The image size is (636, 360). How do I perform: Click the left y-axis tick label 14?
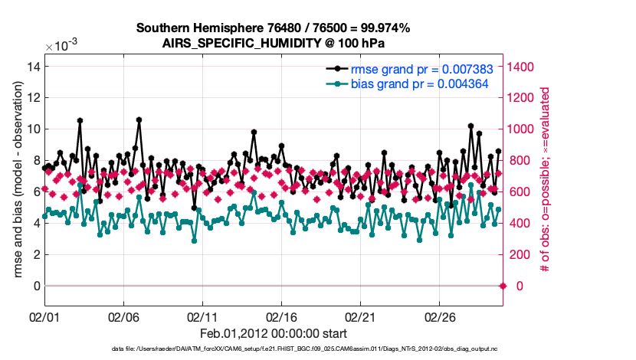(x=33, y=67)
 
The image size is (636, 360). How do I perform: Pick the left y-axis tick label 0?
(x=36, y=286)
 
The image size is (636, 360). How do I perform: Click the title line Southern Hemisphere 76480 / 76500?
(x=273, y=28)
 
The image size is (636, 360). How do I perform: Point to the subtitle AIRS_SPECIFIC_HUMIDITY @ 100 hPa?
(x=273, y=43)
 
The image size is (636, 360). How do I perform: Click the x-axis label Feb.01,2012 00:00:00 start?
(x=274, y=333)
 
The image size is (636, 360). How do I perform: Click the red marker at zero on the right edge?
(x=503, y=286)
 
